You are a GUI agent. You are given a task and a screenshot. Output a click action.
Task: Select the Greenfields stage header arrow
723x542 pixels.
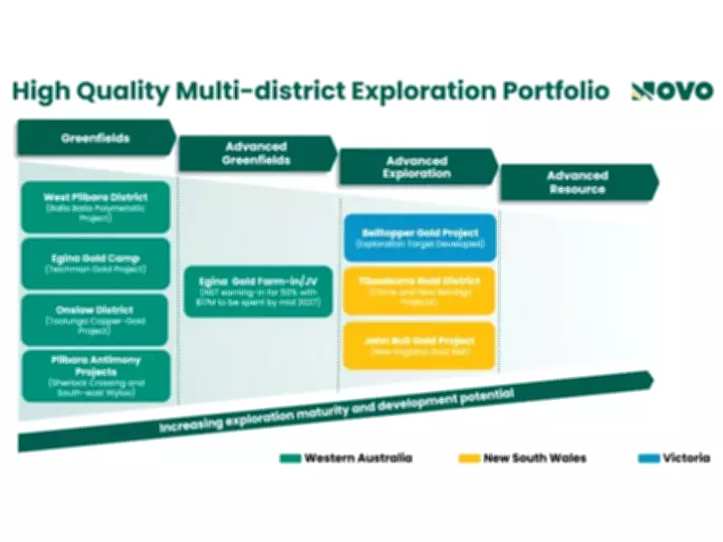96,138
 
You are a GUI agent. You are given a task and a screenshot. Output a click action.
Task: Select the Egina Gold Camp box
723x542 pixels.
95,263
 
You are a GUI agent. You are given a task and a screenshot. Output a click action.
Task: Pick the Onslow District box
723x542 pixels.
95,319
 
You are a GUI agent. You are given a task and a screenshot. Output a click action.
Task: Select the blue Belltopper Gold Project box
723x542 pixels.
419,238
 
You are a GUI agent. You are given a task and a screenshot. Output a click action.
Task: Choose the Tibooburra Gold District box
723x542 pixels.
419,290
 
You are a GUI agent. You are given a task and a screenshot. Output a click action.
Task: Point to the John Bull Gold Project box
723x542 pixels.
419,345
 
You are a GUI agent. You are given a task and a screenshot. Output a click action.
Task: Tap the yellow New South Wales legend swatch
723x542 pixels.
469,458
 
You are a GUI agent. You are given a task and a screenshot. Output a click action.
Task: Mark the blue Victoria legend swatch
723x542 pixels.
646,458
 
